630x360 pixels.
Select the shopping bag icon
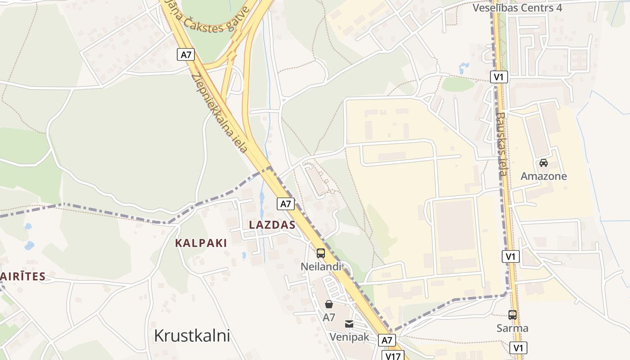329,304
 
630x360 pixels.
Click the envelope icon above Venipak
349,324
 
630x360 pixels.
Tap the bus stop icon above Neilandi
320,253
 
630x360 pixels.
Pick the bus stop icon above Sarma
512,315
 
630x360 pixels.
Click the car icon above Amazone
544,163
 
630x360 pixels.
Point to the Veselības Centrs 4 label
517,8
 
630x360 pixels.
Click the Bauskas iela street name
502,144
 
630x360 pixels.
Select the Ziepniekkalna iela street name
220,112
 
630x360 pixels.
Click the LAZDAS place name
273,225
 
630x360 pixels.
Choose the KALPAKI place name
201,243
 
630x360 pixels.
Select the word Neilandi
320,267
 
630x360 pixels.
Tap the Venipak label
349,337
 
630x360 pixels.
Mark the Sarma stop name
512,328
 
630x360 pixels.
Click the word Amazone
544,176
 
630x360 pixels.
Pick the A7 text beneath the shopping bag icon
329,317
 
